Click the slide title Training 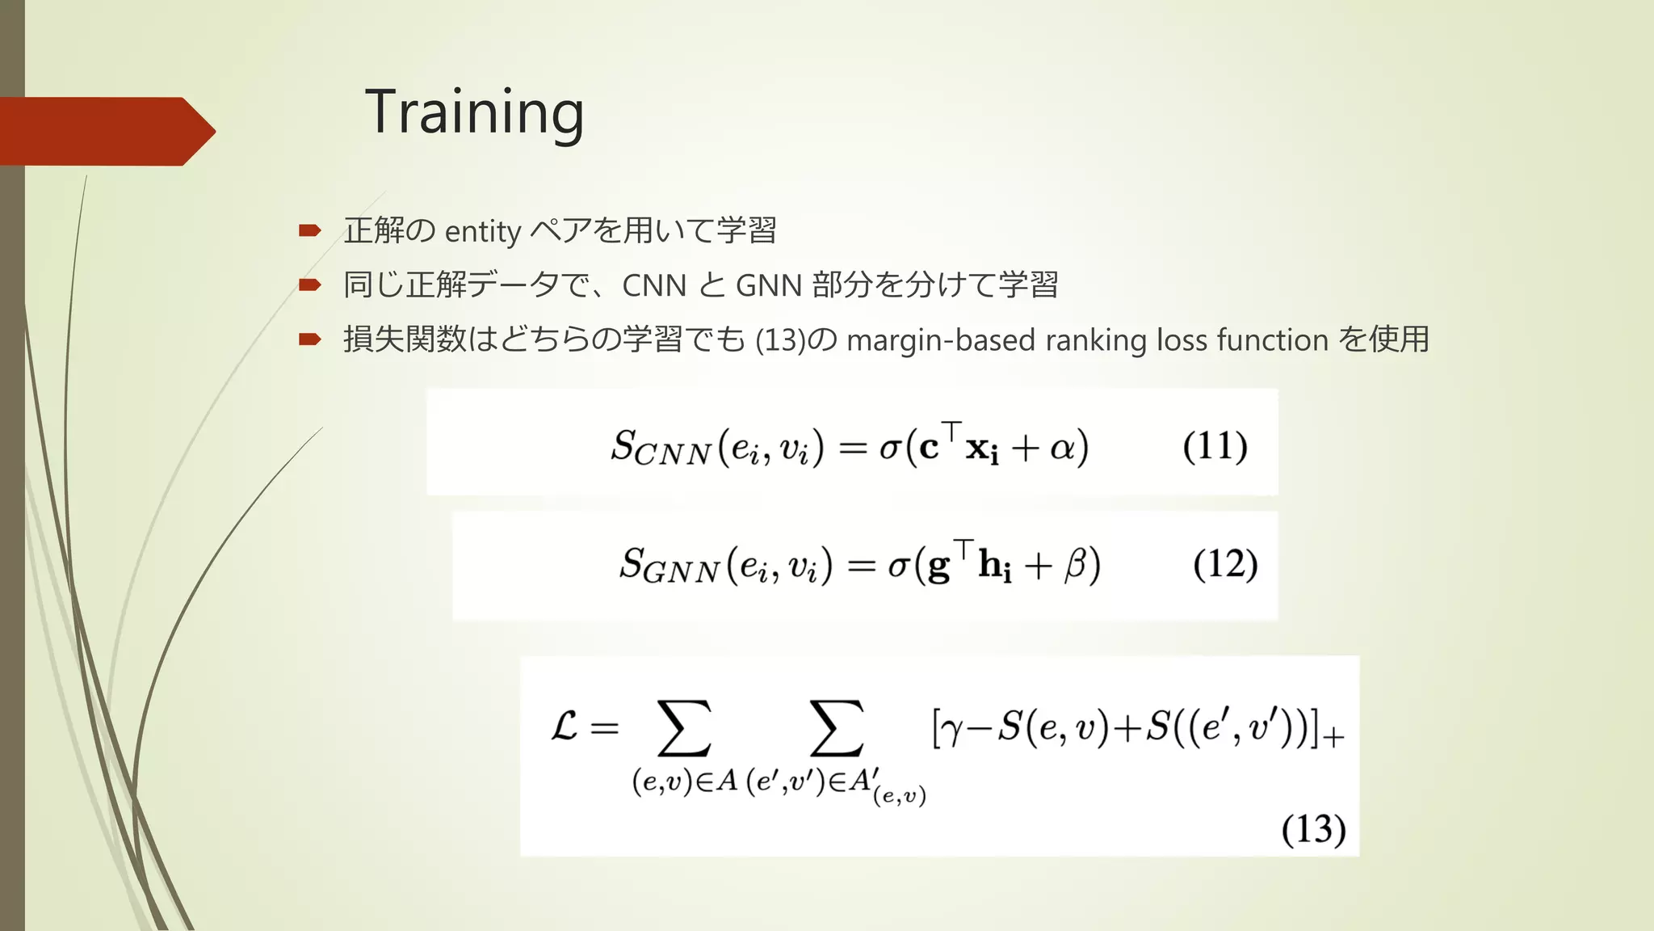click(474, 113)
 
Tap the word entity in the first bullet click(482, 232)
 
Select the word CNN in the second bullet click(654, 285)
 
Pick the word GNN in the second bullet click(769, 285)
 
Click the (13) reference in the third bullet click(780, 340)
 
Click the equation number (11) click(1215, 446)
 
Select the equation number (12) click(1225, 564)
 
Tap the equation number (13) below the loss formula click(1313, 829)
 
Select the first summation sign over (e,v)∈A click(684, 728)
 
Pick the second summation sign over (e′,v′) click(836, 728)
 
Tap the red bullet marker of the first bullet click(309, 231)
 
